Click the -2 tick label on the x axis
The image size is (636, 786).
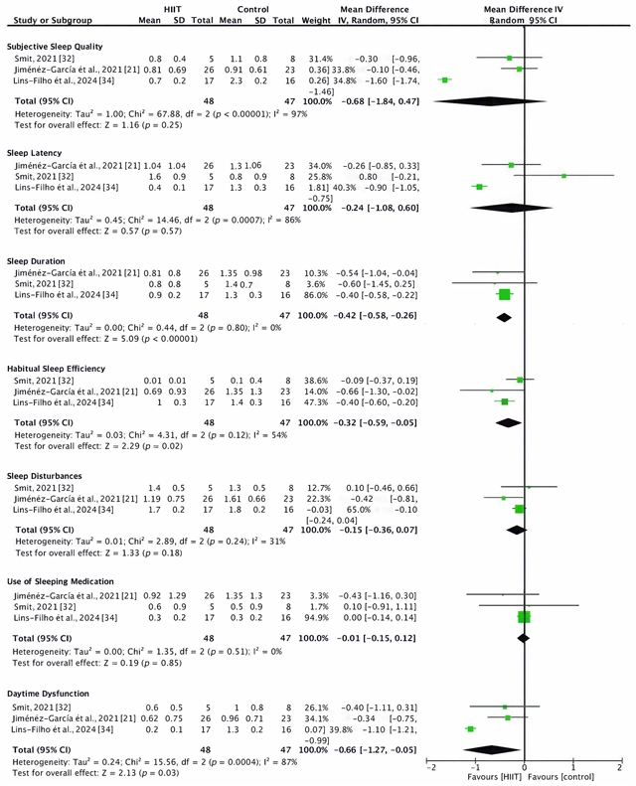[429, 767]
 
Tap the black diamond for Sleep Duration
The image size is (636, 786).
[504, 316]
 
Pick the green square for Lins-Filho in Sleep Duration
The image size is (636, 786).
[505, 294]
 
